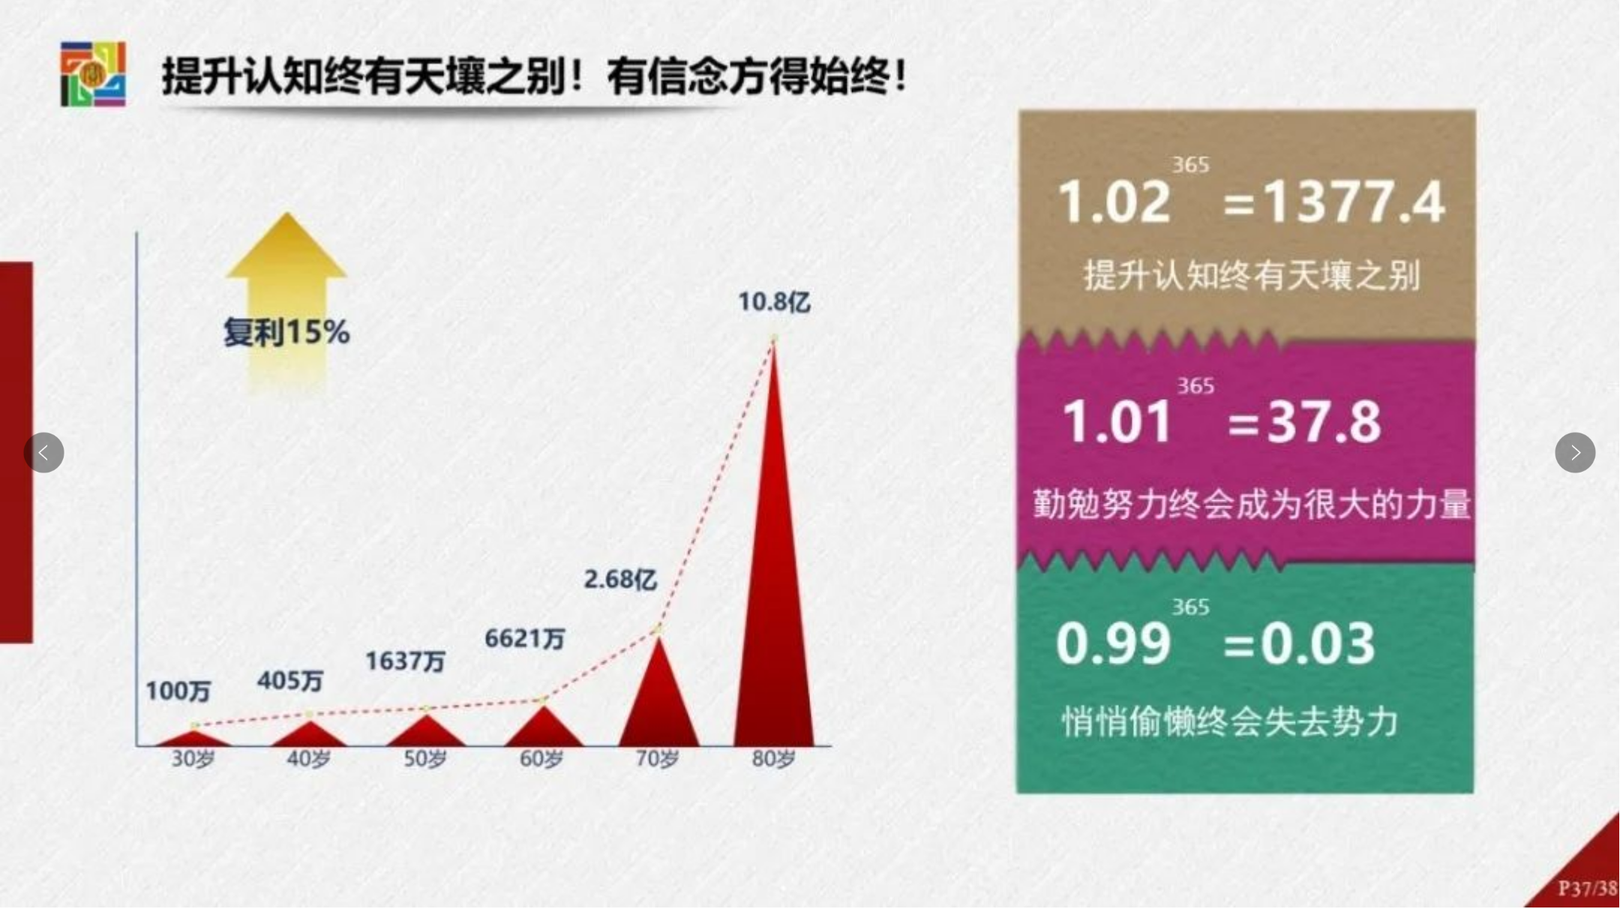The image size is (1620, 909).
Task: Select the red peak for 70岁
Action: [x=658, y=697]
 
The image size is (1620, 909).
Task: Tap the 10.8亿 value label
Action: [x=774, y=302]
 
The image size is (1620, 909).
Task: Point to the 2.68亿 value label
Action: [x=620, y=579]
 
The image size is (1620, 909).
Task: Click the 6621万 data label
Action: [x=524, y=638]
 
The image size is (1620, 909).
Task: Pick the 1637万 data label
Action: [x=405, y=661]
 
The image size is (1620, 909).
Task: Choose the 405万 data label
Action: [x=289, y=680]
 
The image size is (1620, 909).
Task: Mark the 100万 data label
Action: [x=178, y=691]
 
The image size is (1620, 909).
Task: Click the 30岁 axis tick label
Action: [x=193, y=759]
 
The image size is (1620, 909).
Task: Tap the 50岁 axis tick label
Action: [x=425, y=759]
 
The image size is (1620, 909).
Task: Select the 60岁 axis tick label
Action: [x=541, y=759]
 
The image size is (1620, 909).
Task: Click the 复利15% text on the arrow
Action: [x=286, y=332]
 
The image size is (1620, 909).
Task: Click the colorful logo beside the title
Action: [x=93, y=74]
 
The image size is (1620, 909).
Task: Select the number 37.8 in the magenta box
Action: [x=1324, y=421]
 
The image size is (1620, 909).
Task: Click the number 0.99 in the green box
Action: [x=1113, y=643]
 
